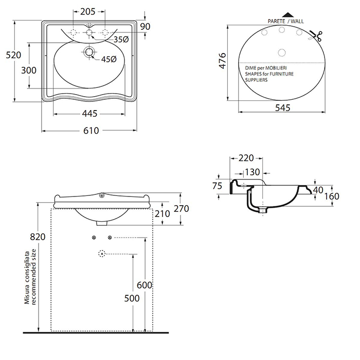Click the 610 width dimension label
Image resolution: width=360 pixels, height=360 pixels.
pyautogui.click(x=91, y=131)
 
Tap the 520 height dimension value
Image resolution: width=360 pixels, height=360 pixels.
pyautogui.click(x=13, y=55)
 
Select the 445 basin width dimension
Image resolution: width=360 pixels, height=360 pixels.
pyautogui.click(x=89, y=114)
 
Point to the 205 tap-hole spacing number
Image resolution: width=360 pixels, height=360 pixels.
pyautogui.click(x=88, y=11)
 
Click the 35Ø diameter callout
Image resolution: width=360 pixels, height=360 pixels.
pyautogui.click(x=121, y=40)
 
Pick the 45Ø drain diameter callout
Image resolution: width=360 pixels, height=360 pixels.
pyautogui.click(x=109, y=59)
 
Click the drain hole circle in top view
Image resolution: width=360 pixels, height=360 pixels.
pyautogui.click(x=89, y=52)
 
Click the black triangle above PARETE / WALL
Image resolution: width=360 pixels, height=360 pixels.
pyautogui.click(x=288, y=15)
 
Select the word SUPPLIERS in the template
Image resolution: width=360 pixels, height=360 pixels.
pyautogui.click(x=256, y=80)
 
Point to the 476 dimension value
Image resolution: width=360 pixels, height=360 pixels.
pyautogui.click(x=223, y=61)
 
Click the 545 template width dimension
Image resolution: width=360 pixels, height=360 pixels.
pyautogui.click(x=283, y=107)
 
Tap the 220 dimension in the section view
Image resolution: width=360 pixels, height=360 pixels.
pyautogui.click(x=246, y=158)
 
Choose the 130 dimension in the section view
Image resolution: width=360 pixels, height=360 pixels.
pyautogui.click(x=253, y=172)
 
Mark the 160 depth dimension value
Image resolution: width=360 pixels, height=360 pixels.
pyautogui.click(x=332, y=196)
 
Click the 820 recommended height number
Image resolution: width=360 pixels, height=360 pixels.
pyautogui.click(x=38, y=237)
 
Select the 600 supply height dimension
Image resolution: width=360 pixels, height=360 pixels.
pyautogui.click(x=145, y=285)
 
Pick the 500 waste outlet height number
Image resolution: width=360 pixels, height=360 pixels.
pyautogui.click(x=132, y=298)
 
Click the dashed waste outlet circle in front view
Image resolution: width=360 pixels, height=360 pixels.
pyautogui.click(x=102, y=254)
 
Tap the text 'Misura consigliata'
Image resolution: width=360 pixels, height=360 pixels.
pyautogui.click(x=27, y=278)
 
